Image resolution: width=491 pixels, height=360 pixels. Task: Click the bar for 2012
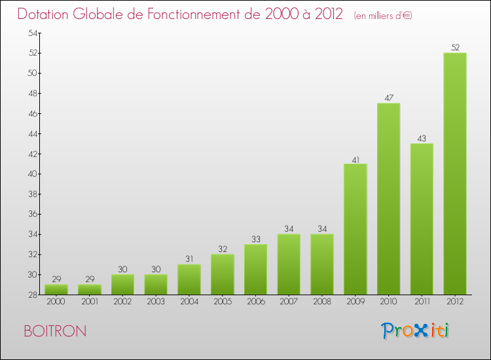[x=454, y=173]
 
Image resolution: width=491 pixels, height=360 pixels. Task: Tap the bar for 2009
[x=355, y=229]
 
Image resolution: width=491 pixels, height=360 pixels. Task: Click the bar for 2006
[x=255, y=269]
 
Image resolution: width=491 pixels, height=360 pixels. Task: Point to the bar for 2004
[x=189, y=279]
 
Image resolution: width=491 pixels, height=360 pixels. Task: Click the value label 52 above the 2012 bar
[x=454, y=47]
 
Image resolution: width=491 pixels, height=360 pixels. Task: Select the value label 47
[x=388, y=98]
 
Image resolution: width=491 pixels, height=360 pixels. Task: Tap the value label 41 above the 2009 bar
[x=355, y=158]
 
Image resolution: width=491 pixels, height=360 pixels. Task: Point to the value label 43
[x=422, y=138]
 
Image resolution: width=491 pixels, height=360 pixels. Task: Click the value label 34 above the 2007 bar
[x=289, y=229]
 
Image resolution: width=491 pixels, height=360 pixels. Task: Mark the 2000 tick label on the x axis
[x=56, y=302]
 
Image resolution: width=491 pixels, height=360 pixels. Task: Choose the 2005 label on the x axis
[x=222, y=302]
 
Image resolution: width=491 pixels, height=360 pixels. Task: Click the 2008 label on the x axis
[x=322, y=302]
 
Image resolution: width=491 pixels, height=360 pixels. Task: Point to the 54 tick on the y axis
[x=31, y=33]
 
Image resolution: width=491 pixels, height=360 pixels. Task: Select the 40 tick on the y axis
[x=31, y=174]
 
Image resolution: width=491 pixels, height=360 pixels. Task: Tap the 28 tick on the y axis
[x=31, y=295]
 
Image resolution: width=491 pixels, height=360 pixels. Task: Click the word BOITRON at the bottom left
[x=54, y=331]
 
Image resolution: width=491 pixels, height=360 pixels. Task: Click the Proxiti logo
[x=416, y=331]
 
